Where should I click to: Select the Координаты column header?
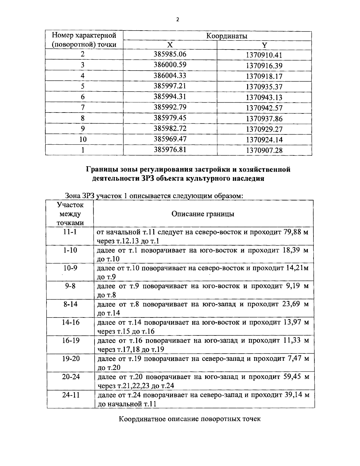(226, 36)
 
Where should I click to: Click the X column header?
(170, 45)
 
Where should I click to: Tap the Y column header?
(264, 45)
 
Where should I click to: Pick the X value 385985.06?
(170, 54)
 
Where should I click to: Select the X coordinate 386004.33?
(170, 75)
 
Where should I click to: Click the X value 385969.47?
(170, 139)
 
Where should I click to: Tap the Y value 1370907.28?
(264, 150)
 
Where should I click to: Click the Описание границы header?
(203, 214)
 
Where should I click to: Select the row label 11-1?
(70, 232)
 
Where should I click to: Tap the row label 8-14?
(70, 304)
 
